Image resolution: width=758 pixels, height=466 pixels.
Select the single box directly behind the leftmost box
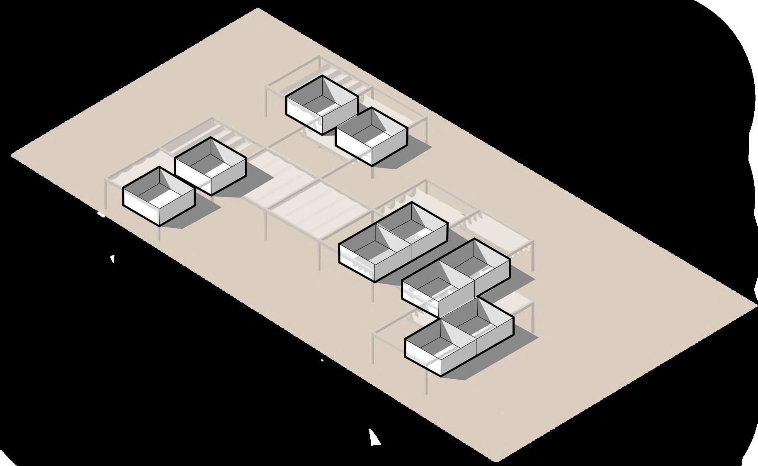click(x=211, y=166)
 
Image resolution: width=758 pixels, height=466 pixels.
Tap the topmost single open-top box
click(x=322, y=105)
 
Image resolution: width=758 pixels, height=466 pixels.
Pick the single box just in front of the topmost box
click(x=371, y=137)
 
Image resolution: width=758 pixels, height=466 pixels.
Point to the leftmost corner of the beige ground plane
click(x=12, y=155)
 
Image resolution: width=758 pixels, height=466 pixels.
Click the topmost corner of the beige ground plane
click(x=258, y=9)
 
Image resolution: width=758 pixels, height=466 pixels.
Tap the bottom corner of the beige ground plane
click(x=496, y=461)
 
